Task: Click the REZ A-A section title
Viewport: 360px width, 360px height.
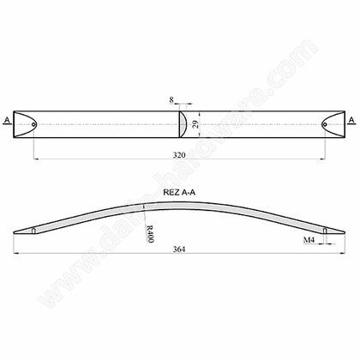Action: (179, 193)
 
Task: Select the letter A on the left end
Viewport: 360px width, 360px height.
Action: (7, 121)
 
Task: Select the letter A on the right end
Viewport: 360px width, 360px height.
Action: (353, 121)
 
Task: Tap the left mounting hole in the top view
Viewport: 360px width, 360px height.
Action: (33, 125)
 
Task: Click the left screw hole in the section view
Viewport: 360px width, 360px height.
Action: (33, 231)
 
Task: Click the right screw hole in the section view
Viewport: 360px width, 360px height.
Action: (327, 231)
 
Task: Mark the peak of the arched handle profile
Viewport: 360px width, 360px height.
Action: (180, 201)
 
